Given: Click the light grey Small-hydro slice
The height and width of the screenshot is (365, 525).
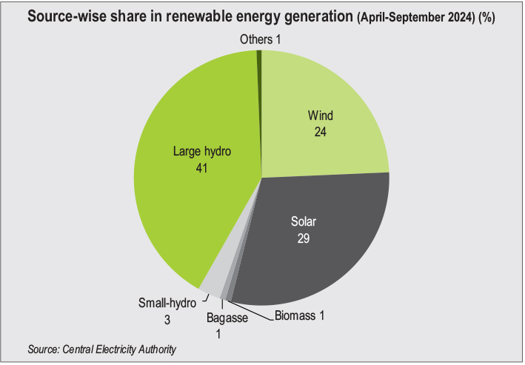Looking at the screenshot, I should (211, 286).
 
